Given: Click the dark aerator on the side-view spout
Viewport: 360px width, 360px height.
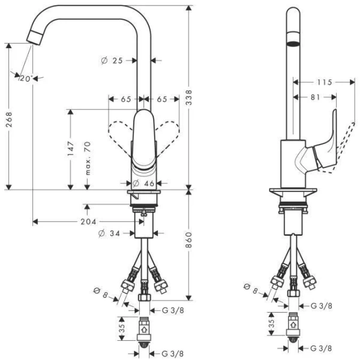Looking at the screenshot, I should point(292,44).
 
